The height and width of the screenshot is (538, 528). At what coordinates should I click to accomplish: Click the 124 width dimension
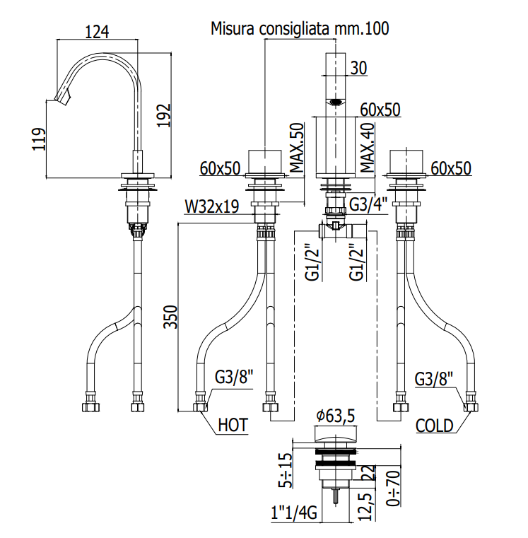pos(97,32)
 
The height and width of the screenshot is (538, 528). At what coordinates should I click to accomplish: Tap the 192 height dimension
pos(164,115)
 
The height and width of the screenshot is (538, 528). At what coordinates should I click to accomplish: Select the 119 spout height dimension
pos(39,139)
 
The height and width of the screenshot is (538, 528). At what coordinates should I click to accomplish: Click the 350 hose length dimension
pos(170,317)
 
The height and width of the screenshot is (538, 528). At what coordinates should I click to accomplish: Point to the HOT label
pos(233,425)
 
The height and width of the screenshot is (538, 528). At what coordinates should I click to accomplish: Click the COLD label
pos(434,426)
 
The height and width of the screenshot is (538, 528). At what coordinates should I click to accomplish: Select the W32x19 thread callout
pos(211,206)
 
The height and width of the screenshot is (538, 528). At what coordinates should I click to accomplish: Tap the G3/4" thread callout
pos(368,204)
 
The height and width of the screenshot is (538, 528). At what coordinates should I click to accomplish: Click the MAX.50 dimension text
pos(297,148)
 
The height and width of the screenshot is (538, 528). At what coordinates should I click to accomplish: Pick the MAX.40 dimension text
pos(368,148)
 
